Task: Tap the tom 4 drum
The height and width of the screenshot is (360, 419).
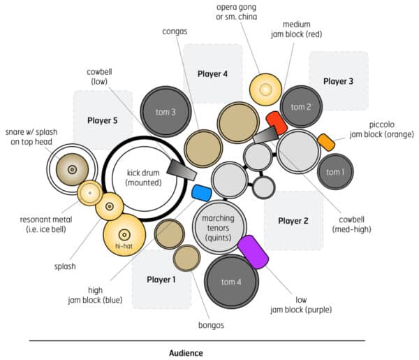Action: pos(232,282)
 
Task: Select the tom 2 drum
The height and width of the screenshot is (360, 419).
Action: pos(300,106)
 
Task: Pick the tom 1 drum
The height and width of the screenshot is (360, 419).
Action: pos(336,172)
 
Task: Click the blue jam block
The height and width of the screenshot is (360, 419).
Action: pos(201,192)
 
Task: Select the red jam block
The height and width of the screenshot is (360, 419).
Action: pos(277,123)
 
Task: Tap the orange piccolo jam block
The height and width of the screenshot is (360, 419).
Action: pos(326,142)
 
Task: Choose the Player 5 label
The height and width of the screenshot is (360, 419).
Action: pos(102,120)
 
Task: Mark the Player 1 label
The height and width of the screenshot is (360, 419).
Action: pos(162,280)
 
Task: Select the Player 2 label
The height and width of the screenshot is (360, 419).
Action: pos(293,221)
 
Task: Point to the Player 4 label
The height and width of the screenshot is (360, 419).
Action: pos(212,73)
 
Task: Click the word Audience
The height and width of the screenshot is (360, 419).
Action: pos(186,353)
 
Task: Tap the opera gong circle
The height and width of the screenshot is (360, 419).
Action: pos(266,89)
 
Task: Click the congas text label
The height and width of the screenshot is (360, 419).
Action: pos(174,31)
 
